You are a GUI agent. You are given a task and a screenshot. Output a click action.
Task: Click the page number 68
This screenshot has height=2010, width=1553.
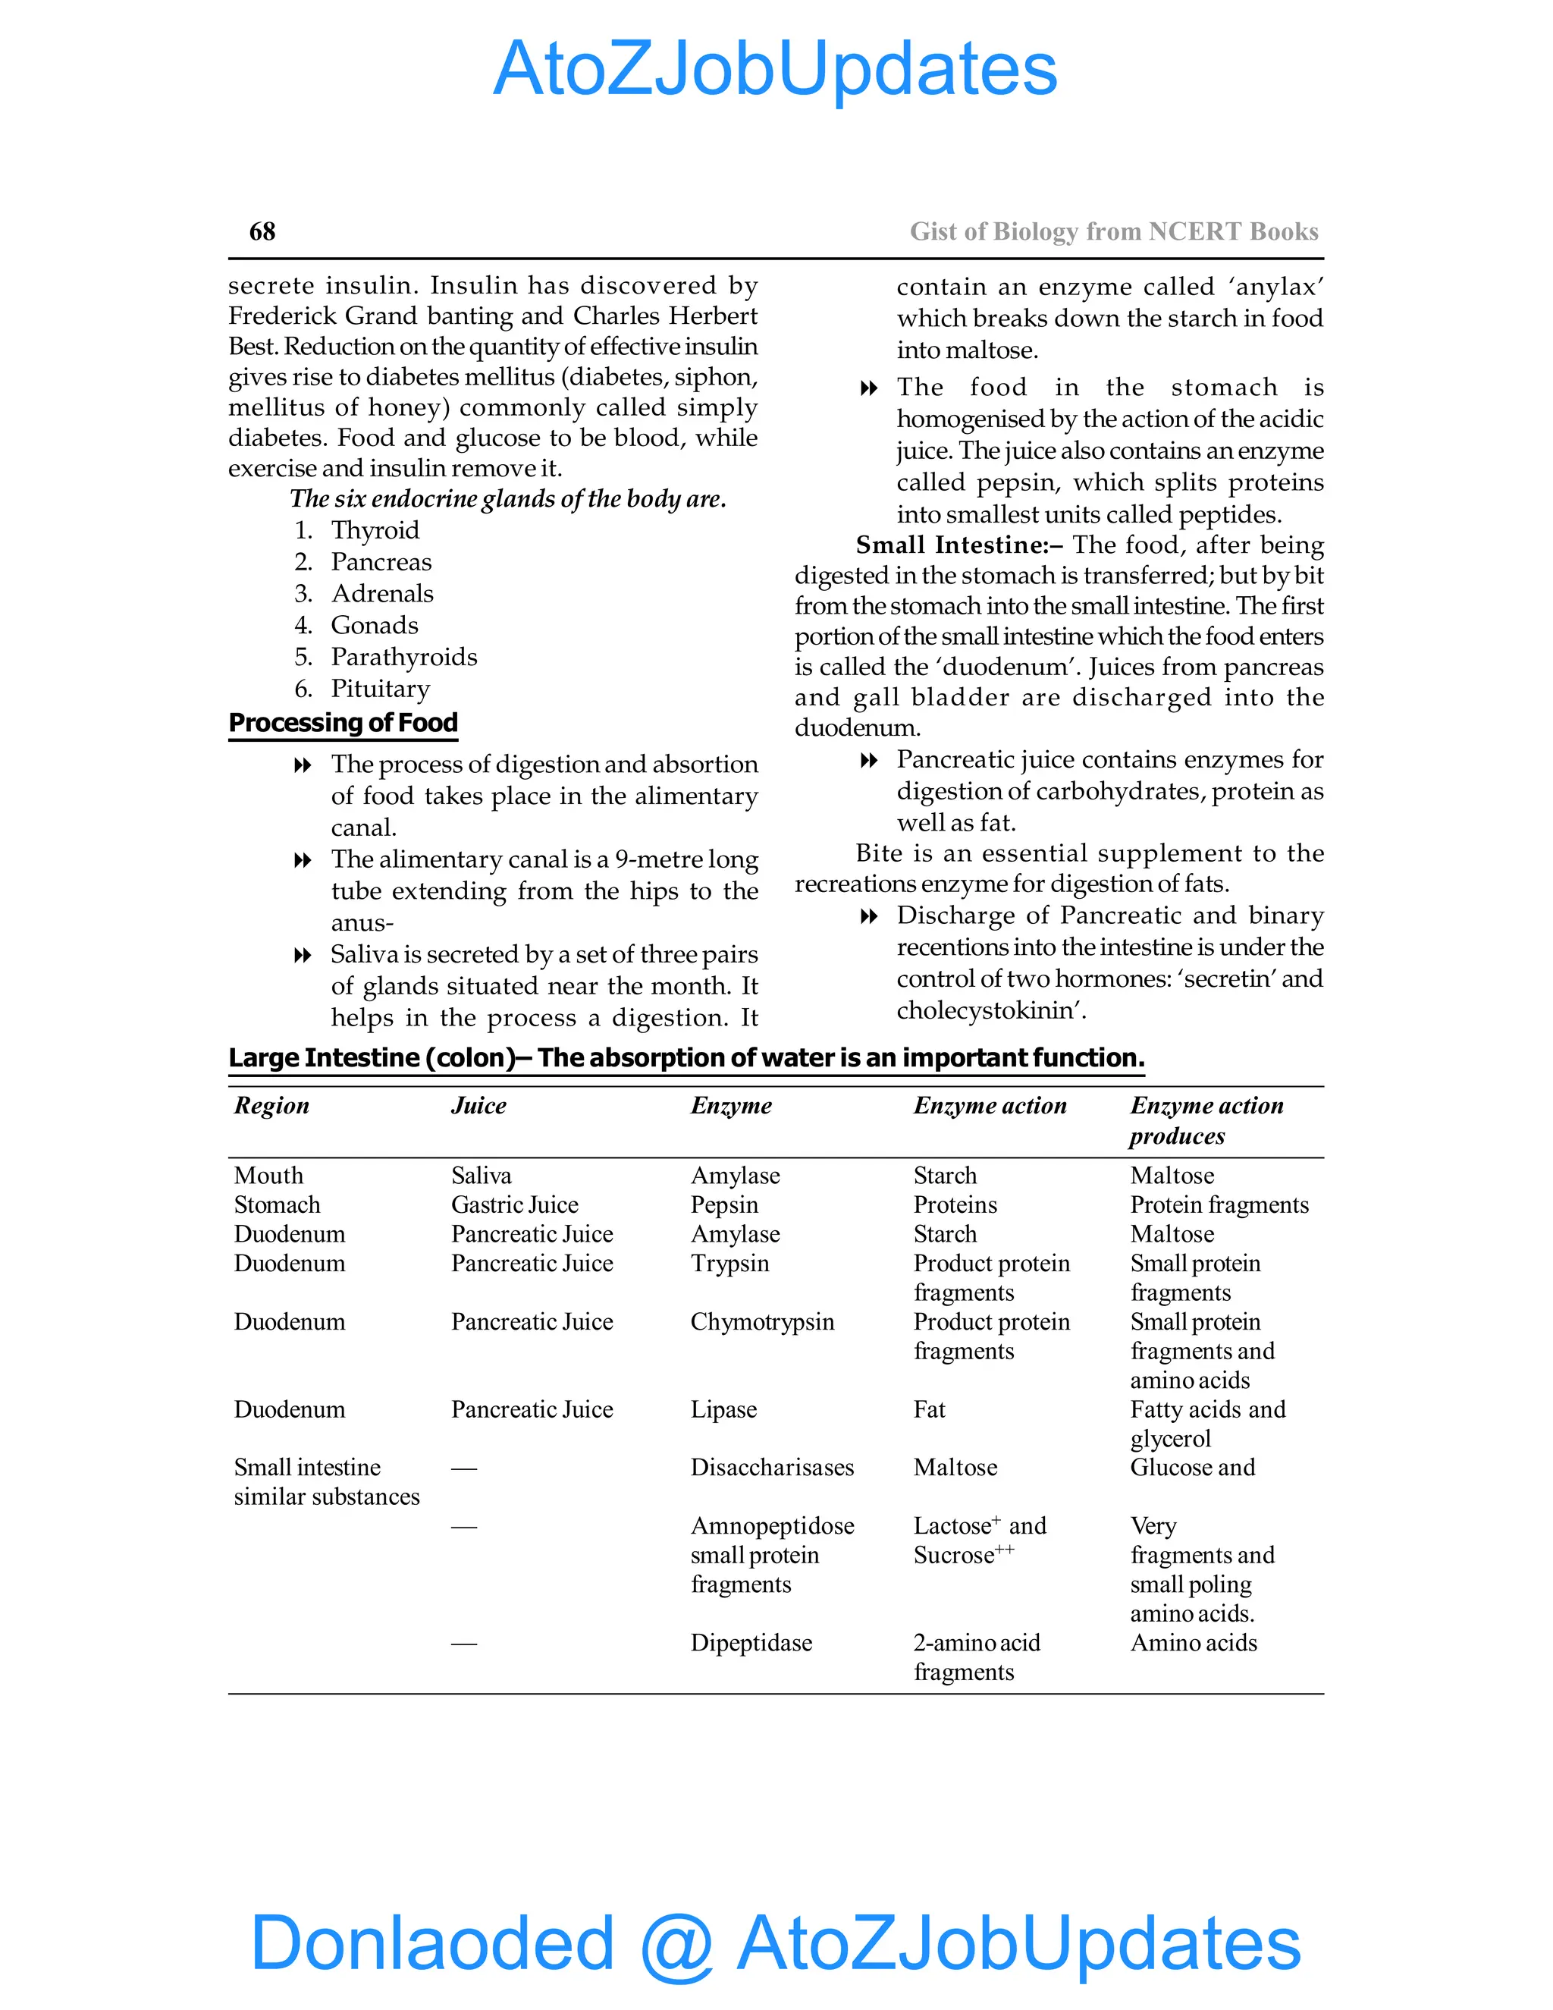point(262,231)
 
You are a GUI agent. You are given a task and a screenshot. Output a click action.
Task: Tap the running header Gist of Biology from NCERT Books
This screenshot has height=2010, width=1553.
point(1113,231)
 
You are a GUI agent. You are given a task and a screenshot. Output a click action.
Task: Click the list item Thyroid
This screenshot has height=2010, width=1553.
point(375,530)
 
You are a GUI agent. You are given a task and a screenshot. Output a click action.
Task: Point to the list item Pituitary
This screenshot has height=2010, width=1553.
point(380,689)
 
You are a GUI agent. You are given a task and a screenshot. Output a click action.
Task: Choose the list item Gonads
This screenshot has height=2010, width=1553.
point(375,625)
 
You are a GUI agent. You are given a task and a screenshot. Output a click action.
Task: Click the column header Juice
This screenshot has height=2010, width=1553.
point(478,1105)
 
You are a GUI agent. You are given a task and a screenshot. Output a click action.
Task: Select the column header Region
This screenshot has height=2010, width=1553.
point(271,1105)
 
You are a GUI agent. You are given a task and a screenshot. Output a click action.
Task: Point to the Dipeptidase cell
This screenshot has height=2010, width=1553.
point(751,1643)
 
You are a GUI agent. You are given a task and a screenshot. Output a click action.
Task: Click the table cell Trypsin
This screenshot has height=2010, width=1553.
point(729,1263)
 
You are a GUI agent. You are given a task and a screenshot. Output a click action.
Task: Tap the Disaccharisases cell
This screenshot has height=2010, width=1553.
point(772,1467)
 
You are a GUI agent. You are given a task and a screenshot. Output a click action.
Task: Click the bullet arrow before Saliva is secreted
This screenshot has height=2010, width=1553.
point(302,955)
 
